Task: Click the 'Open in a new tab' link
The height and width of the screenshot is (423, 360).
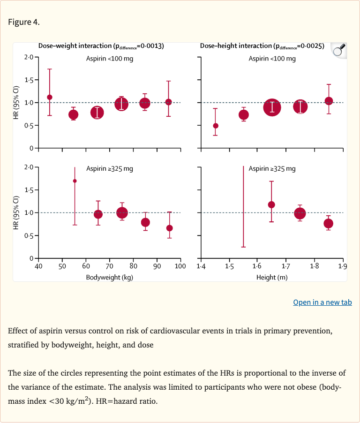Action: pyautogui.click(x=322, y=302)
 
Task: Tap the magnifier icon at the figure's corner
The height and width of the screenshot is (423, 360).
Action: pyautogui.click(x=338, y=49)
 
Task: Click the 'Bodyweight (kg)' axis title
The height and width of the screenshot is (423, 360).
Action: pyautogui.click(x=110, y=277)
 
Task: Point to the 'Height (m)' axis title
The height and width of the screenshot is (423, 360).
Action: pyautogui.click(x=272, y=277)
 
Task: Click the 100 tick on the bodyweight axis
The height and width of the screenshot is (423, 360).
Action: pyautogui.click(x=180, y=266)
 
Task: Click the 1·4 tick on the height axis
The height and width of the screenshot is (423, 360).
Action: pyautogui.click(x=201, y=266)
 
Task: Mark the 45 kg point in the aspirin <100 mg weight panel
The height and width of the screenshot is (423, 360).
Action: pyautogui.click(x=50, y=97)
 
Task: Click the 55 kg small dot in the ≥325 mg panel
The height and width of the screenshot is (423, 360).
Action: pyautogui.click(x=75, y=181)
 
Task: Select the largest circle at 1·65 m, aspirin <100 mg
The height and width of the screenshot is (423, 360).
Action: pyautogui.click(x=272, y=107)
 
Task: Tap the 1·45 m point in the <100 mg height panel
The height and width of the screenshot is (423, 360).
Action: pyautogui.click(x=216, y=126)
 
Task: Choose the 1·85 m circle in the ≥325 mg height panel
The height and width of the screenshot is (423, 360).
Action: pyautogui.click(x=329, y=223)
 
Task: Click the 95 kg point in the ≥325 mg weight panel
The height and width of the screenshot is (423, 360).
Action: pyautogui.click(x=170, y=228)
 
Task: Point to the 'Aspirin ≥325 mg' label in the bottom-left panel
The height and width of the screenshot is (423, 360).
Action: pyautogui.click(x=109, y=169)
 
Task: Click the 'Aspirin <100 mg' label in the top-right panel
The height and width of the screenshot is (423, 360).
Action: pyautogui.click(x=272, y=59)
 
